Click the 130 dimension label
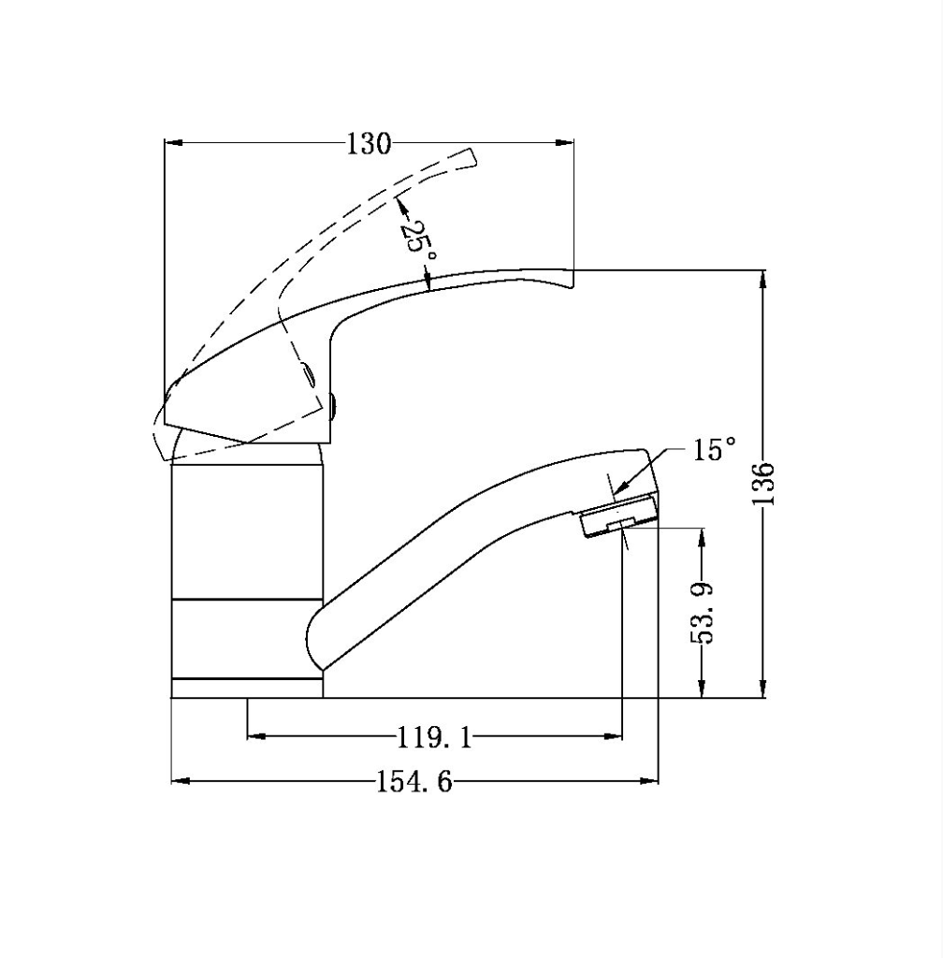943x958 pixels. tap(368, 144)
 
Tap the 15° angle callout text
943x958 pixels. tap(716, 450)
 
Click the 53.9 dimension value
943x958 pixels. tap(703, 613)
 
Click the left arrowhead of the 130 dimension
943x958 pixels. tap(173, 143)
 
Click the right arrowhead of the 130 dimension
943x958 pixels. tap(565, 143)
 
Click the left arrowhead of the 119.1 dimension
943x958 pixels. tap(255, 736)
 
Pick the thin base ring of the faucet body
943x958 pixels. tap(247, 688)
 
